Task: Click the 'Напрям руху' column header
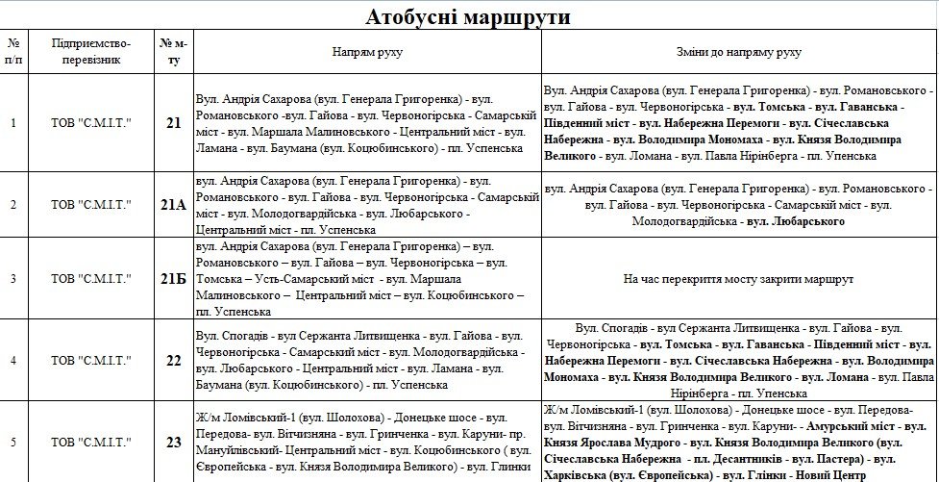[x=366, y=52]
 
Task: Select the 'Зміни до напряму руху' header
[x=739, y=52]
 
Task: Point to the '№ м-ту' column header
[x=173, y=52]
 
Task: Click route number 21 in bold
[x=173, y=123]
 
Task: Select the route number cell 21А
[x=173, y=205]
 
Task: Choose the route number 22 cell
[x=173, y=361]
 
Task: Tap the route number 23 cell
[x=173, y=443]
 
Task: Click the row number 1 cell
[x=12, y=123]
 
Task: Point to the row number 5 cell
[x=12, y=443]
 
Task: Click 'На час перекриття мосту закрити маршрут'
[x=739, y=279]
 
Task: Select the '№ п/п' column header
[x=12, y=52]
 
